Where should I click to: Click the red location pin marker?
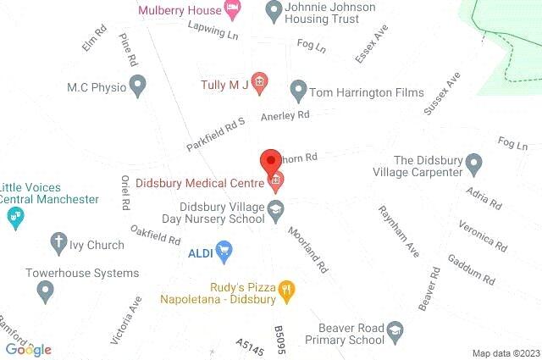coord(269,159)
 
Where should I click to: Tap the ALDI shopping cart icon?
coord(224,251)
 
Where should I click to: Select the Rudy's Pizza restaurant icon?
coord(286,292)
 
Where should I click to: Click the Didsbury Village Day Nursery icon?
coord(276,208)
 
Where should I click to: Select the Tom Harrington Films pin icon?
coord(298,88)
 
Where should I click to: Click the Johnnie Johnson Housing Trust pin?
coord(274,11)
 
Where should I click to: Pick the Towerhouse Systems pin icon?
coord(45,291)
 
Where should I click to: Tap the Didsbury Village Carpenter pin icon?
coord(474,161)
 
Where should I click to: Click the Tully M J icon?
coord(260,83)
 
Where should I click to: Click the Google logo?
coord(28,349)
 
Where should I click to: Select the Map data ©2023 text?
coord(506,353)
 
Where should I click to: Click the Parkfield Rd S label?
coord(216,135)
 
